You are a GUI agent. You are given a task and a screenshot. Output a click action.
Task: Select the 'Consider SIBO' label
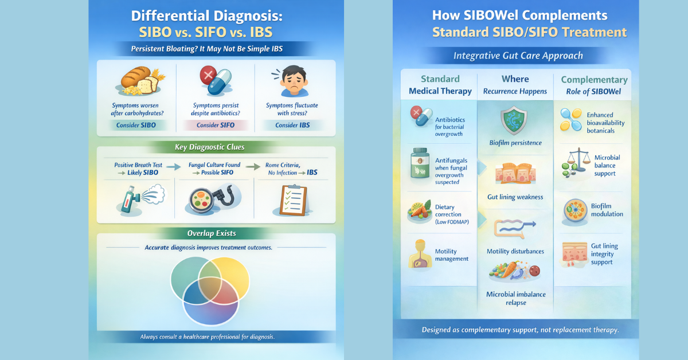coord(136,125)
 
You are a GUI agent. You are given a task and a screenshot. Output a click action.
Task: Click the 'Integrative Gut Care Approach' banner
coord(518,56)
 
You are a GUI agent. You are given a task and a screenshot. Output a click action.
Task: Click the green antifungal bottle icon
coord(419,164)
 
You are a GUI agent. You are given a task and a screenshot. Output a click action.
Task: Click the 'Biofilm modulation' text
coord(607,210)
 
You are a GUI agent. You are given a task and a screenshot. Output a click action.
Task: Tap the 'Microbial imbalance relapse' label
coord(515,298)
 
